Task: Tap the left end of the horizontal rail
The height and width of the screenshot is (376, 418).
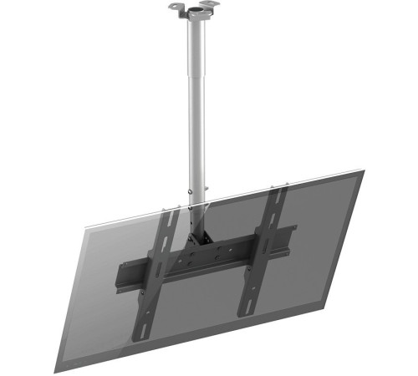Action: (124, 274)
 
